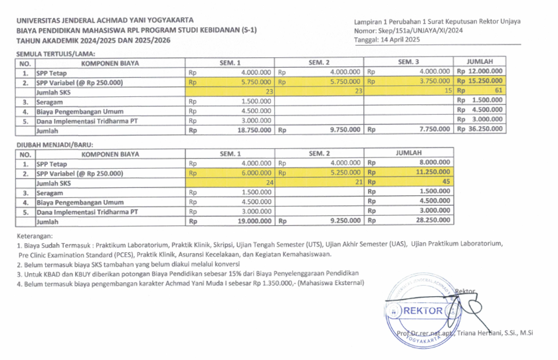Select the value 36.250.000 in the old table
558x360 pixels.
(x=484, y=130)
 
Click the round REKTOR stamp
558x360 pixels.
(x=423, y=311)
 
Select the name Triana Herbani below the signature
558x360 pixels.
(x=480, y=333)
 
